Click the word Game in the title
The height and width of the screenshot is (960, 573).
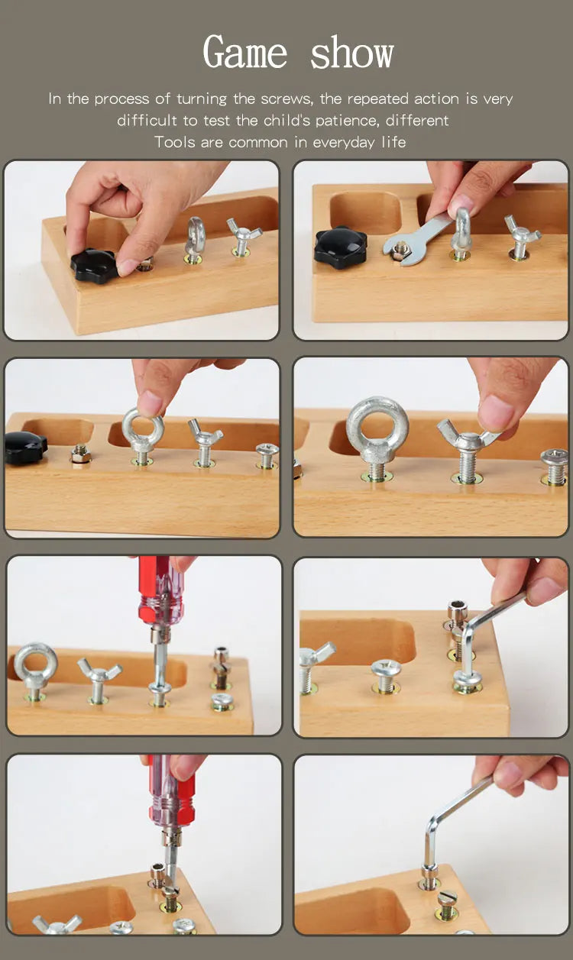pos(244,52)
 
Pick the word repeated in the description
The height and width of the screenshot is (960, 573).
pos(377,99)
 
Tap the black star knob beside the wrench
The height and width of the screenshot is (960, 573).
pos(341,247)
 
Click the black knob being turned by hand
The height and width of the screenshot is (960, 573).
pos(93,266)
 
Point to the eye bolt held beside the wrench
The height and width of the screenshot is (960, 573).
pos(461,234)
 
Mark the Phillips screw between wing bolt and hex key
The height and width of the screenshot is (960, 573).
pos(386,676)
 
